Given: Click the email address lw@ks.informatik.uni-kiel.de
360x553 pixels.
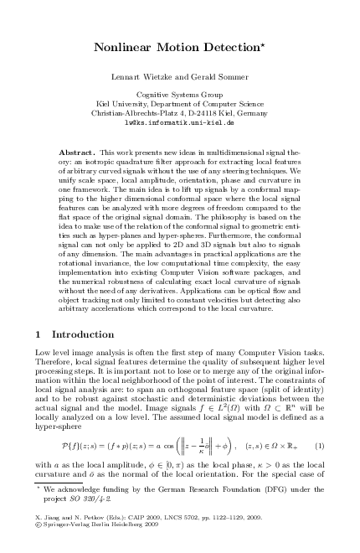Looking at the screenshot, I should pyautogui.click(x=179, y=121).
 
